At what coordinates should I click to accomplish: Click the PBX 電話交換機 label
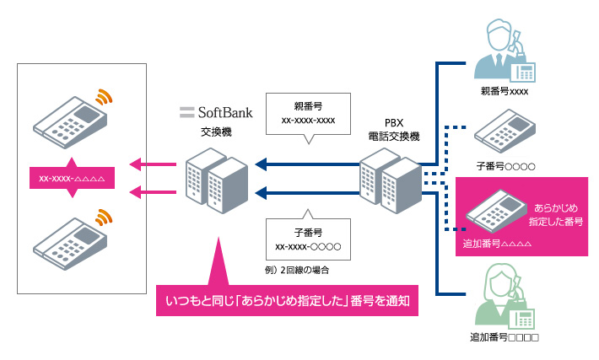[389, 128]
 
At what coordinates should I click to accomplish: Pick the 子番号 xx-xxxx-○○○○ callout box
[307, 238]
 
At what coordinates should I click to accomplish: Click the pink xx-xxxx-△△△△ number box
[71, 177]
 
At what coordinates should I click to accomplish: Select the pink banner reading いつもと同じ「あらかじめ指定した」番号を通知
[288, 302]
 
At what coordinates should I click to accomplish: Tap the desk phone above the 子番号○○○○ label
[504, 132]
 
